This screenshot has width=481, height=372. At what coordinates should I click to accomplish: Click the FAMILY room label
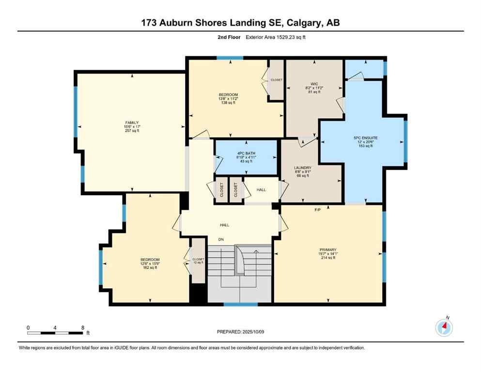(x=131, y=122)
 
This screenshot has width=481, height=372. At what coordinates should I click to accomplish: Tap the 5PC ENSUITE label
(x=365, y=138)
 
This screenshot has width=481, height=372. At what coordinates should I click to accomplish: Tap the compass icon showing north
(x=444, y=327)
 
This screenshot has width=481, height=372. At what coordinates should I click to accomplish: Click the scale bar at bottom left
(x=55, y=333)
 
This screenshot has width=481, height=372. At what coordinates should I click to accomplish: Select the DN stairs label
(x=221, y=239)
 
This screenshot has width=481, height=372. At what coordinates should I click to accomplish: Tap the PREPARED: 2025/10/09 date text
(x=241, y=332)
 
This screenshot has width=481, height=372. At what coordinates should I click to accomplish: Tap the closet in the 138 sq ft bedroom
(x=276, y=80)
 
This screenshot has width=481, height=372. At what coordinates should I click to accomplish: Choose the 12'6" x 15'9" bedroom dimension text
(x=150, y=263)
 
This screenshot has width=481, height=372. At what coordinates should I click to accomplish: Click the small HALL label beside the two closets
(x=261, y=189)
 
